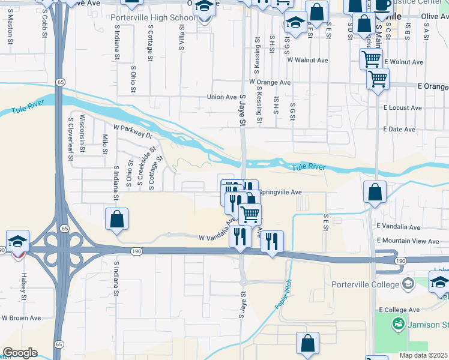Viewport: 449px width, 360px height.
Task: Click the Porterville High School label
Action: [153, 17]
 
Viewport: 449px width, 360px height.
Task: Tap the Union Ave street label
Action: [221, 97]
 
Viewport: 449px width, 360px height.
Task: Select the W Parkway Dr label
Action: [133, 131]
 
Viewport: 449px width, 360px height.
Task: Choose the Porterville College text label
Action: [366, 284]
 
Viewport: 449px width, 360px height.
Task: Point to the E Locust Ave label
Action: [402, 108]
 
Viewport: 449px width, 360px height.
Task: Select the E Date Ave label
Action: [399, 130]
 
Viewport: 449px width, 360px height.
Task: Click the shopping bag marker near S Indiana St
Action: [116, 219]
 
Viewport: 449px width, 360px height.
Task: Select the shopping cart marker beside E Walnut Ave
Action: [371, 59]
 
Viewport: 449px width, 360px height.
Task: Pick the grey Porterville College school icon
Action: [408, 283]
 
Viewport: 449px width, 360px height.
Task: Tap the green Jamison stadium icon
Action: [397, 325]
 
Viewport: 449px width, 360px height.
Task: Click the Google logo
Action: [20, 353]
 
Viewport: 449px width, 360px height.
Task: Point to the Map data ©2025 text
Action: [423, 355]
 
